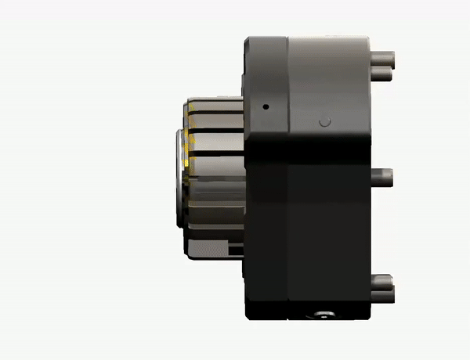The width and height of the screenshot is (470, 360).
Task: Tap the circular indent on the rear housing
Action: point(327,122)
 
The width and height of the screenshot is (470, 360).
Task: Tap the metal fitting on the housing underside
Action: point(320,315)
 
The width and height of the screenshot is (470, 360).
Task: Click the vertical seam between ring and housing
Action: point(288,180)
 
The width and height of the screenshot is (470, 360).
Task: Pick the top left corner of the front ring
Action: point(245,38)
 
